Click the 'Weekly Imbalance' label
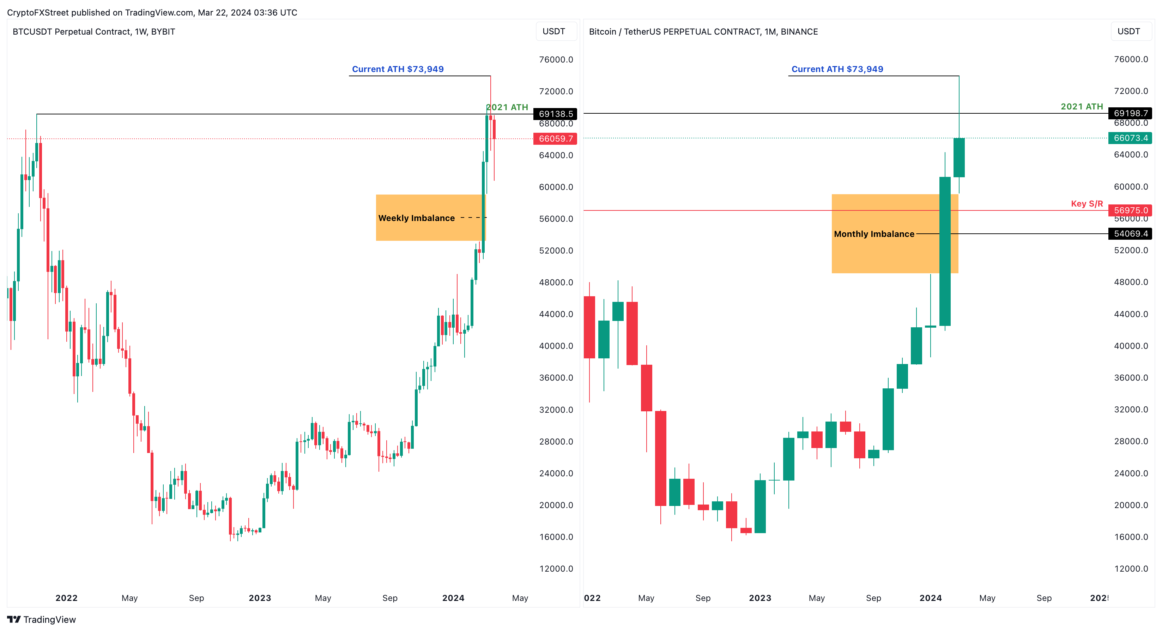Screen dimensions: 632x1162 (416, 218)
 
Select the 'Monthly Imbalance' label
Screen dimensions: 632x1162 (874, 234)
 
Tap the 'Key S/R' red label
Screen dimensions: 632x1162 (1086, 204)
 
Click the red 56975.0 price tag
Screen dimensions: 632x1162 (1130, 210)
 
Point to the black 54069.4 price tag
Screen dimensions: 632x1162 (1130, 234)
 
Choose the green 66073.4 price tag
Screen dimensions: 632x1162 (1130, 138)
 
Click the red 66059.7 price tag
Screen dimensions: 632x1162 (555, 139)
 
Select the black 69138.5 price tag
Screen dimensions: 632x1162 (555, 114)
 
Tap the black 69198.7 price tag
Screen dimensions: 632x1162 (1130, 113)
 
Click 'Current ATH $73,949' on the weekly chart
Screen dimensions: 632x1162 (398, 69)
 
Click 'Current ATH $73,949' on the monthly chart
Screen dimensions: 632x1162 (837, 69)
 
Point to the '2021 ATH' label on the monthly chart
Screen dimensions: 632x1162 (1081, 107)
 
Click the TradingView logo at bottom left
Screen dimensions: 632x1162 (42, 619)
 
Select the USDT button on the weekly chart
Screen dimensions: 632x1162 (553, 31)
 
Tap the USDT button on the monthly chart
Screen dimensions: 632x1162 (1128, 31)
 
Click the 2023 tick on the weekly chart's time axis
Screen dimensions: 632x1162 (260, 598)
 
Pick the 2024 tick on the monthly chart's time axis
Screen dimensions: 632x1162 (930, 598)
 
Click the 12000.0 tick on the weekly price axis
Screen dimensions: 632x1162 (556, 568)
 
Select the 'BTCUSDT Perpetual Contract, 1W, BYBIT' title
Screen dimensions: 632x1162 (94, 32)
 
